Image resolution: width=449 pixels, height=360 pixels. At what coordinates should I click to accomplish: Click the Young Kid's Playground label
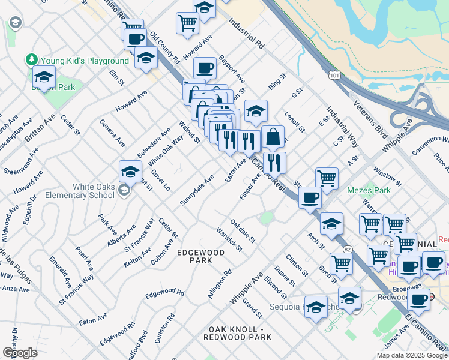tap(84, 61)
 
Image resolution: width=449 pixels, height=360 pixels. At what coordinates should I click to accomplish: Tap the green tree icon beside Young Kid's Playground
tap(31, 60)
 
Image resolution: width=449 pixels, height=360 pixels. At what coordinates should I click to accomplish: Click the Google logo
tap(19, 352)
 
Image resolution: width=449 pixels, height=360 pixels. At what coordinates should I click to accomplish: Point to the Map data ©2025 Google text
tap(411, 355)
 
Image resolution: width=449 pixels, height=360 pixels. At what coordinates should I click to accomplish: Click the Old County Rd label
tap(165, 48)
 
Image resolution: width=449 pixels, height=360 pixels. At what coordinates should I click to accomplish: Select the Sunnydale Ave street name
tap(197, 190)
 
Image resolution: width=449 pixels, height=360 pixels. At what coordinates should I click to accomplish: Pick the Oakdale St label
tap(243, 230)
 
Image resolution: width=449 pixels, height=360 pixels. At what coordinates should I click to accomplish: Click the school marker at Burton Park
tap(44, 77)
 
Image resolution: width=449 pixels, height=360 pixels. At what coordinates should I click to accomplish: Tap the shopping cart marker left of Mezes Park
tap(327, 177)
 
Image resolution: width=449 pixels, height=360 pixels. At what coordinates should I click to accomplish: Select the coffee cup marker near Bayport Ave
tap(205, 68)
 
